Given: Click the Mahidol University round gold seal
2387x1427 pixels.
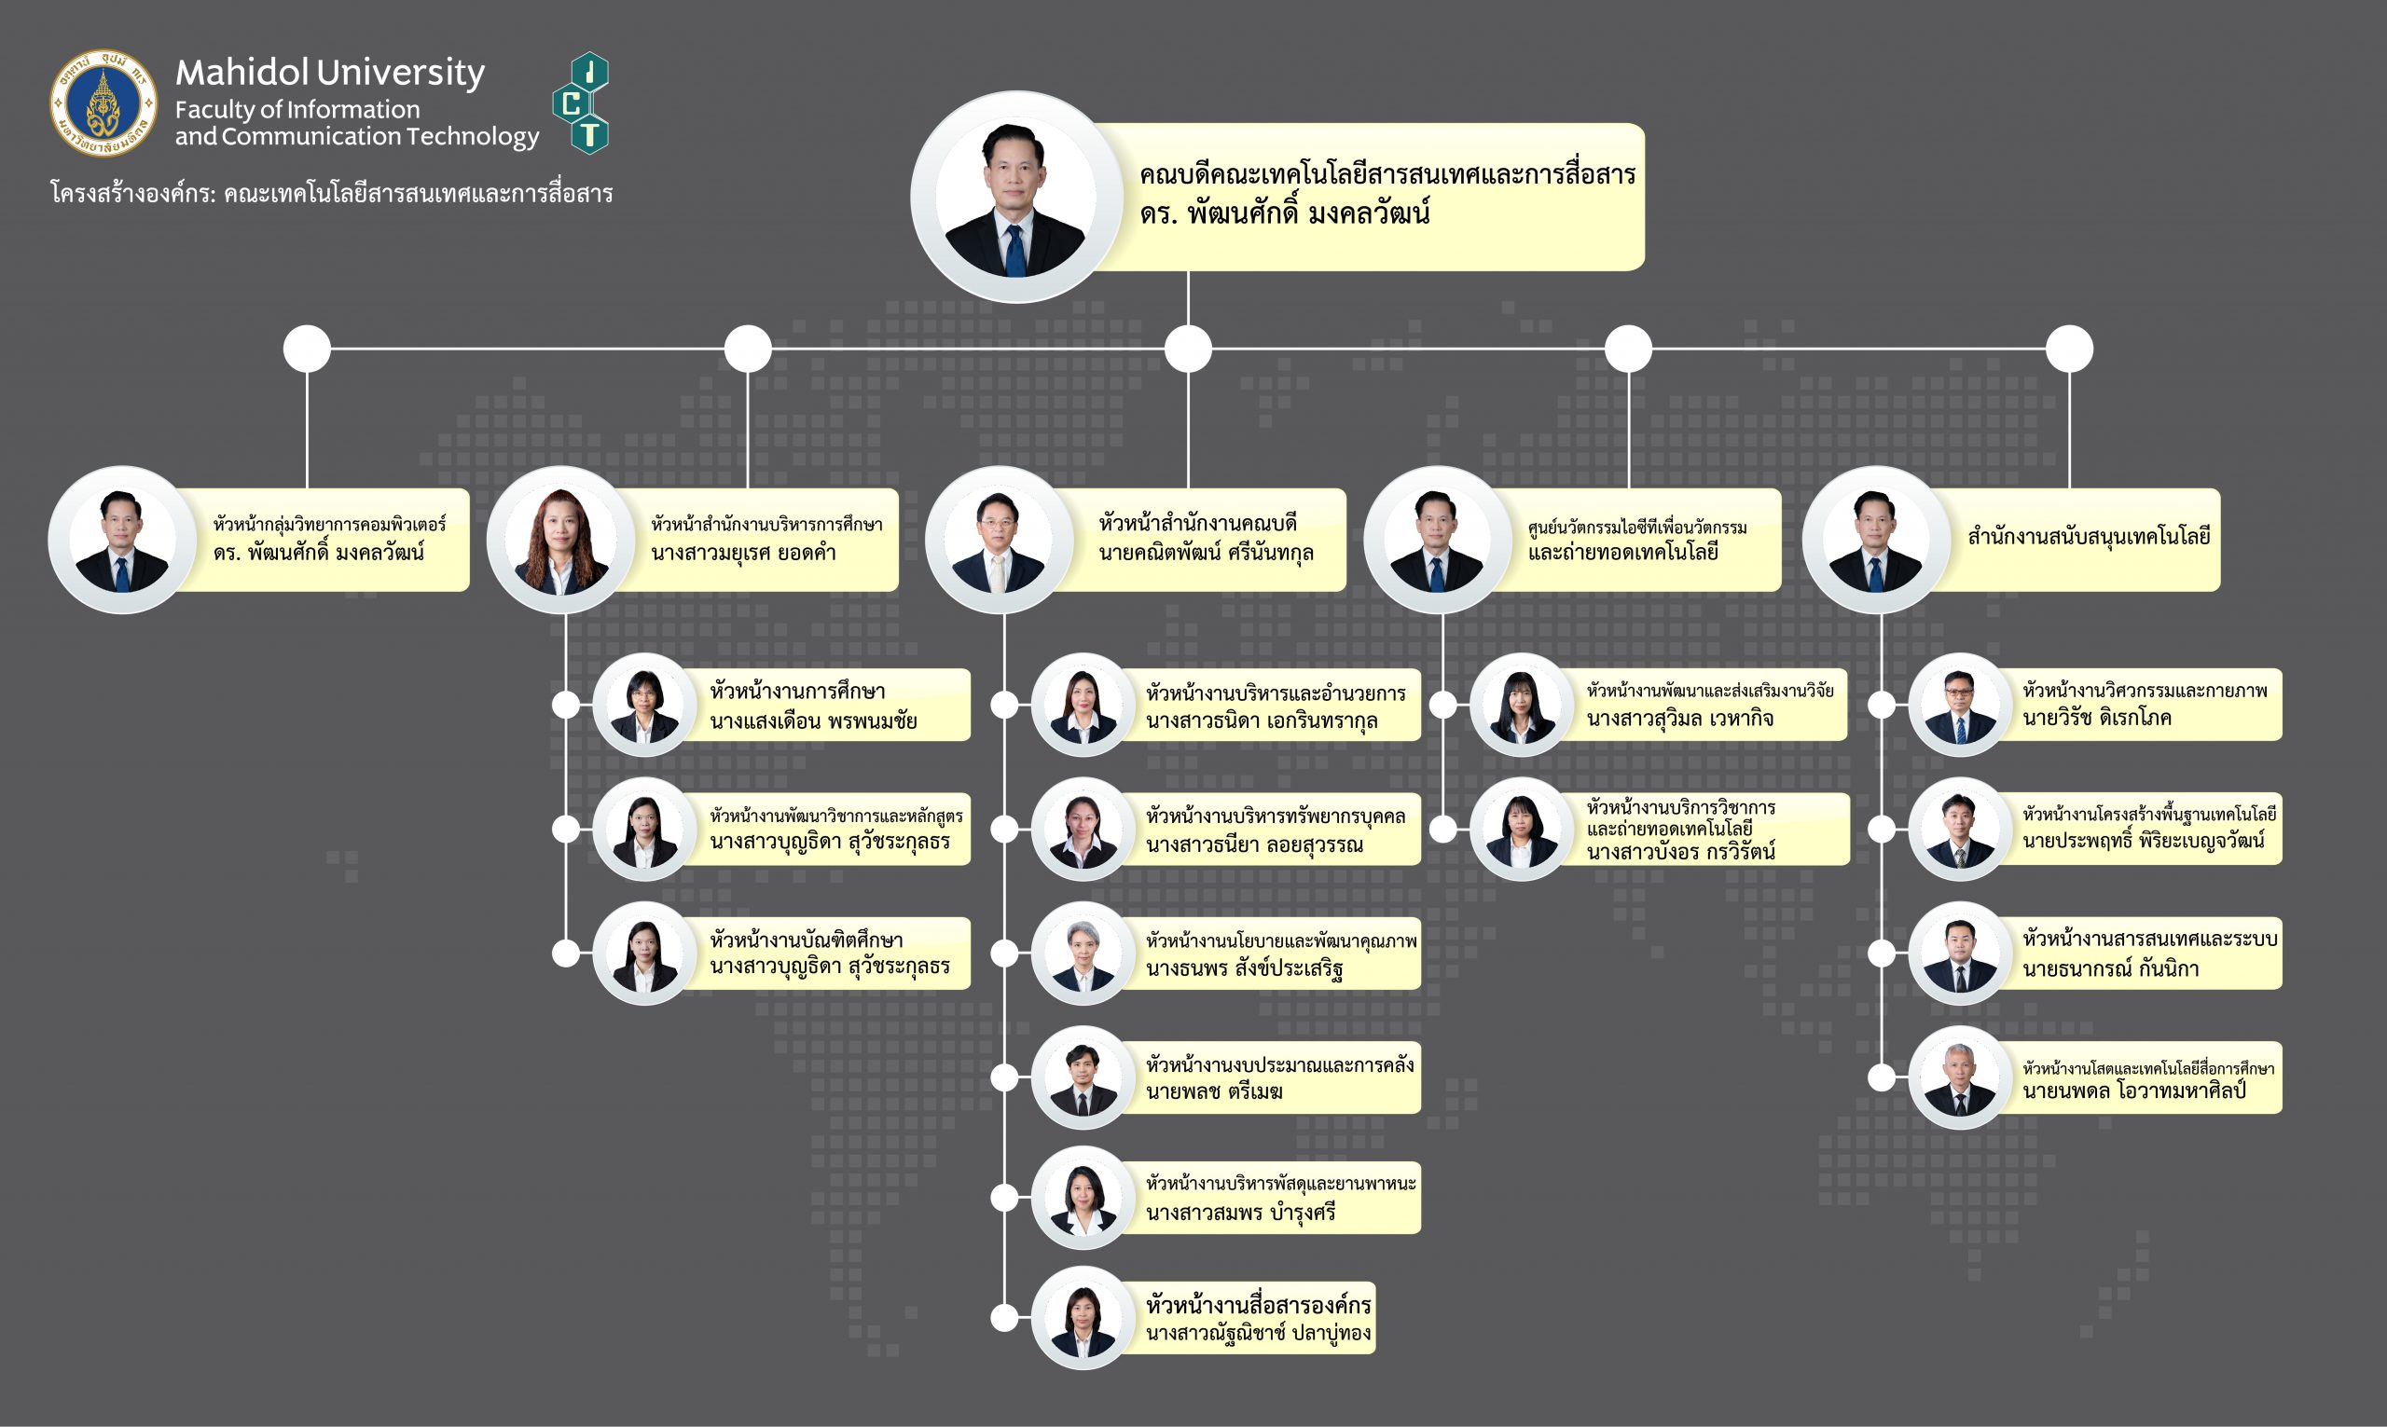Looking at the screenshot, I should [103, 103].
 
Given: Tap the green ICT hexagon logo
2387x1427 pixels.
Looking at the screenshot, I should [581, 103].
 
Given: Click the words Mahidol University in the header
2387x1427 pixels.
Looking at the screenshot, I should [330, 73].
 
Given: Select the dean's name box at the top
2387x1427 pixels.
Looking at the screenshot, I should [1385, 195].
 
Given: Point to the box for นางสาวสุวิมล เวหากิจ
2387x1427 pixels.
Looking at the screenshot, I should [1707, 705].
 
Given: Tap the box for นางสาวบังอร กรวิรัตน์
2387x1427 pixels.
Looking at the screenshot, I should [1707, 829].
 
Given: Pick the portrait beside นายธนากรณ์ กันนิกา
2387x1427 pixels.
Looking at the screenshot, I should [1960, 954].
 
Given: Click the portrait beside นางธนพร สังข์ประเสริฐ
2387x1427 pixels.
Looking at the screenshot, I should [1083, 954].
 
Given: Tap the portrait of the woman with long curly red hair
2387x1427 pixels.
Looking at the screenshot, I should [560, 540].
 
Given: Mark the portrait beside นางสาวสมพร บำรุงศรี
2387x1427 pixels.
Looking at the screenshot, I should [1083, 1198].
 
